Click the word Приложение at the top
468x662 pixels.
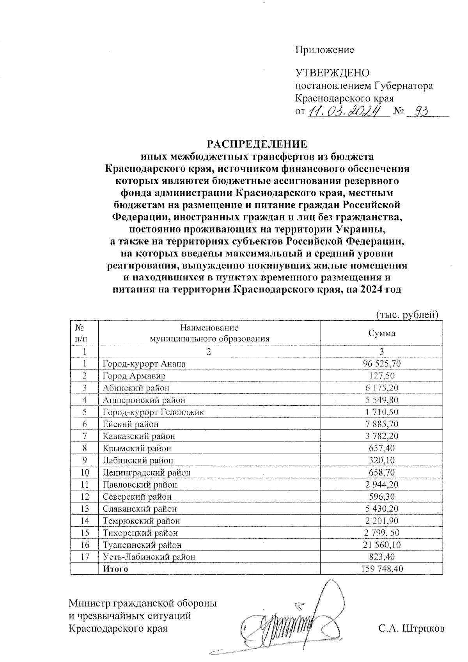(x=324, y=50)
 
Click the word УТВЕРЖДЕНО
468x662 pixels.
(x=332, y=73)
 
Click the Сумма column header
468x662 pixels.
(x=381, y=333)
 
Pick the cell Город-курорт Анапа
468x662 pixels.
(x=144, y=364)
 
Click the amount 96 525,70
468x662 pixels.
(x=381, y=364)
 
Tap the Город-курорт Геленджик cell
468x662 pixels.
(x=153, y=412)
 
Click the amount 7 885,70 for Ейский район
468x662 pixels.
(x=381, y=424)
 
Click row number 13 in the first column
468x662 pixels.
(x=85, y=509)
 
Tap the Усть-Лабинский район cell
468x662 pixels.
(x=149, y=557)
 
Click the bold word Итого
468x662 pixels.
(x=115, y=569)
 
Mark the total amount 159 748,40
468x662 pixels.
(x=381, y=569)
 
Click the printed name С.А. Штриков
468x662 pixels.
(x=411, y=628)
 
